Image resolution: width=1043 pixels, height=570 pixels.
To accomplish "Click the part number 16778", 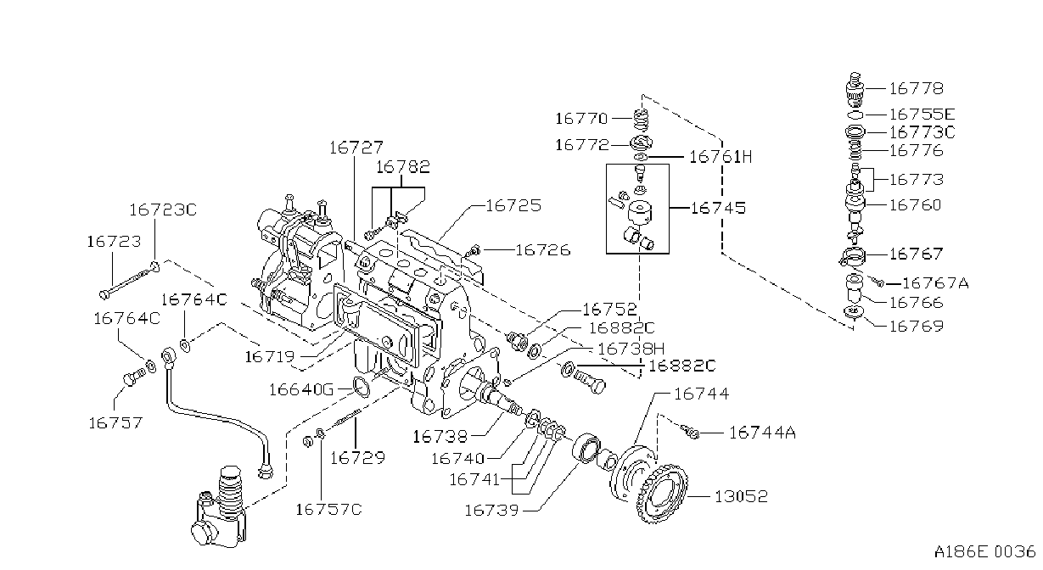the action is (x=916, y=88).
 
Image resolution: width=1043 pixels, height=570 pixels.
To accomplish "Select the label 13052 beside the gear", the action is (x=741, y=496).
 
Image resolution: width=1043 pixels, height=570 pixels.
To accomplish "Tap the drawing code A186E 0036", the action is (x=984, y=551).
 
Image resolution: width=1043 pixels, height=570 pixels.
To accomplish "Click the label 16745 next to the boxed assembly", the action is (x=717, y=208).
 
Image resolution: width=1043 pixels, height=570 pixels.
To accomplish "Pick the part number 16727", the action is (x=356, y=148).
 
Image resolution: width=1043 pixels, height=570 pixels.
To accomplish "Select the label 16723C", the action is (x=163, y=210).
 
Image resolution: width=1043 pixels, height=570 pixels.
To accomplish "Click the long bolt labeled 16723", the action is (x=129, y=280).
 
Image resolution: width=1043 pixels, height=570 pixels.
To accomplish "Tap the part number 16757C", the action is (x=328, y=510).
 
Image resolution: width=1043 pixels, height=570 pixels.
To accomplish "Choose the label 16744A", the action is (x=762, y=433).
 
